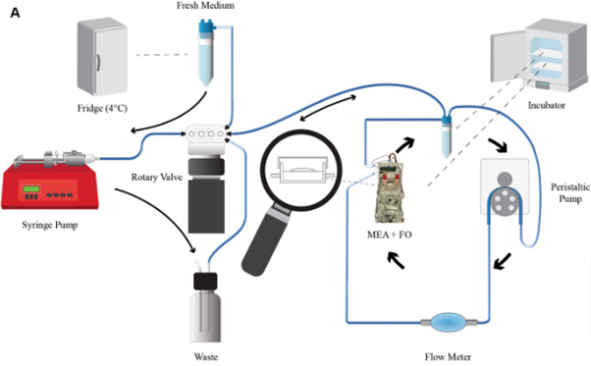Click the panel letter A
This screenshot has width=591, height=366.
coord(15,13)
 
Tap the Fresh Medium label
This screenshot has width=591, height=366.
coord(205,6)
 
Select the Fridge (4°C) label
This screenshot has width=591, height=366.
coord(102,109)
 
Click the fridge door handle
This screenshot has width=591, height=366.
coord(98,63)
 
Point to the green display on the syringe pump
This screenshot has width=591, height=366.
coord(31,188)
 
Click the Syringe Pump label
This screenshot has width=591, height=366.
coord(50,225)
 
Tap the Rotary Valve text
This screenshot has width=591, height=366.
coord(156,177)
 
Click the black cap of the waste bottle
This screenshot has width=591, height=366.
coord(205,281)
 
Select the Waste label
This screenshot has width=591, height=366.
coord(206,356)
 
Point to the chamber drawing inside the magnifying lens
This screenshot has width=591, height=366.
coord(300,170)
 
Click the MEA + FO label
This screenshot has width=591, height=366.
coord(390,235)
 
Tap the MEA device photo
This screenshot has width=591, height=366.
coord(390,189)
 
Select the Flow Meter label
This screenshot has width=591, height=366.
coord(448,356)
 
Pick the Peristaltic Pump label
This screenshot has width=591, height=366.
coord(569,192)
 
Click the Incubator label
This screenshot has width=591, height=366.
coord(546,105)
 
